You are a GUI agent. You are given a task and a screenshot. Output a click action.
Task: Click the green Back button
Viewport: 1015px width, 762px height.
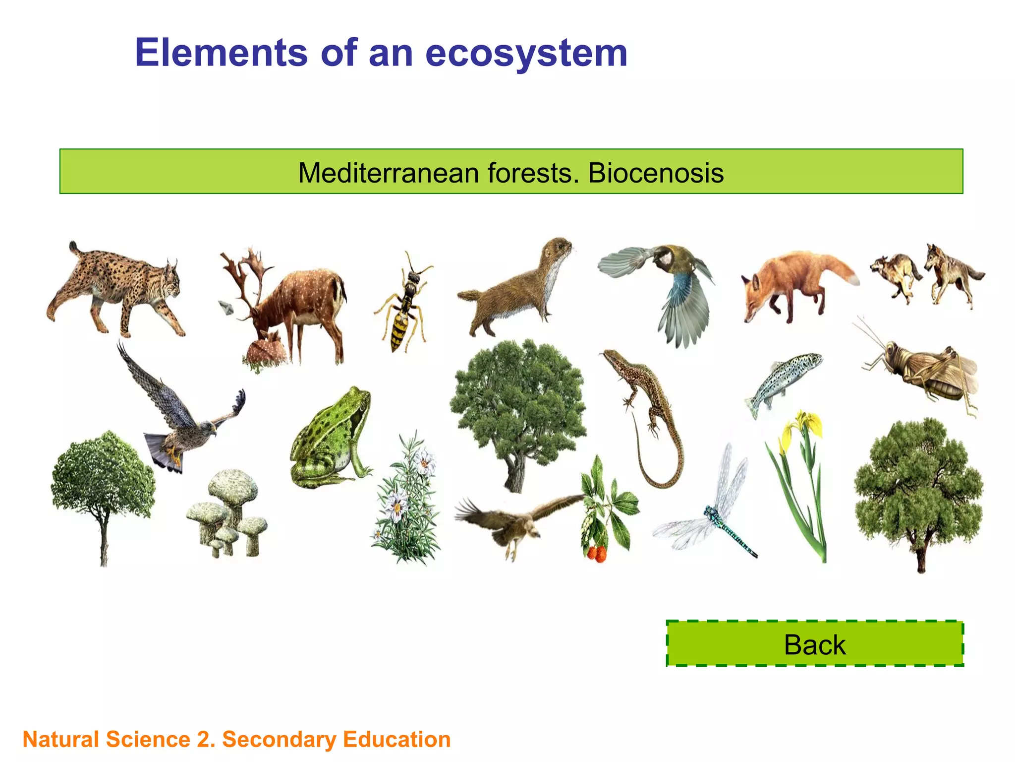click(x=814, y=644)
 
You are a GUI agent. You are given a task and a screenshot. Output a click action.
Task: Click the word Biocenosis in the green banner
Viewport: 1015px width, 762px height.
click(x=655, y=173)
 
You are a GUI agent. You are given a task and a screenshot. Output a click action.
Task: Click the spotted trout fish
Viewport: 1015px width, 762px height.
click(x=783, y=382)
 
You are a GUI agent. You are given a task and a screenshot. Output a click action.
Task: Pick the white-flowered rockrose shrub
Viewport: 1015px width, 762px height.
click(x=406, y=501)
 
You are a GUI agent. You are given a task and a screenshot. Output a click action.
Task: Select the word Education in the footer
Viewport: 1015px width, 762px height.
click(x=396, y=739)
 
